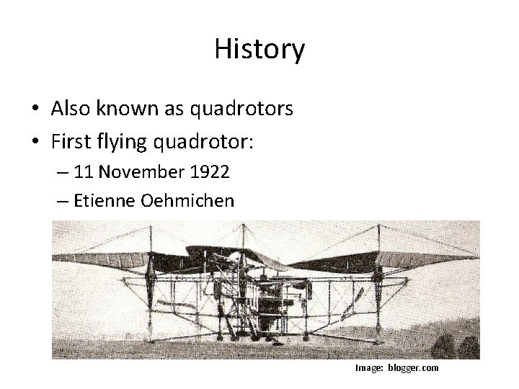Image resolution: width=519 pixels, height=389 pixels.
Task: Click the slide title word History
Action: tap(259, 50)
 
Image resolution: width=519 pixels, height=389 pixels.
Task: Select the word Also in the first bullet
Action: tap(69, 109)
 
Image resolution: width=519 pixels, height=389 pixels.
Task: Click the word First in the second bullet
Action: tap(69, 143)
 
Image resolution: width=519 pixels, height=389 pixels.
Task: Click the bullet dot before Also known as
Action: tap(35, 109)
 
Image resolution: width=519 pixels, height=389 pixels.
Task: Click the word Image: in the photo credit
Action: tap(369, 368)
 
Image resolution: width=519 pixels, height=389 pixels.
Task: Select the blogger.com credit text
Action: tap(412, 368)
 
